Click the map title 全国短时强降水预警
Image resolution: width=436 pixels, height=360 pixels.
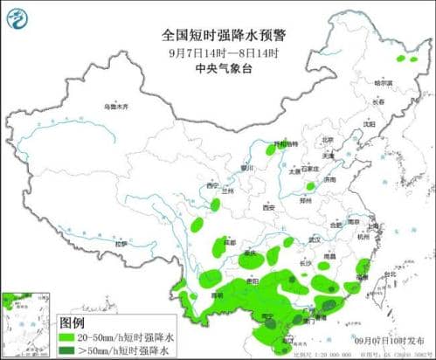(x=218, y=37)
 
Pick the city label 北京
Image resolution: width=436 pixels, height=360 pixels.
(x=327, y=140)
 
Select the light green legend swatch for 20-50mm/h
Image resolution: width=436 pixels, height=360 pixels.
(x=71, y=336)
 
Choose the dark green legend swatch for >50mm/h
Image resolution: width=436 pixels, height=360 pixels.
(x=71, y=350)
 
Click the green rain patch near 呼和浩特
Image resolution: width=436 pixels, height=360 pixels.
(x=273, y=150)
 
